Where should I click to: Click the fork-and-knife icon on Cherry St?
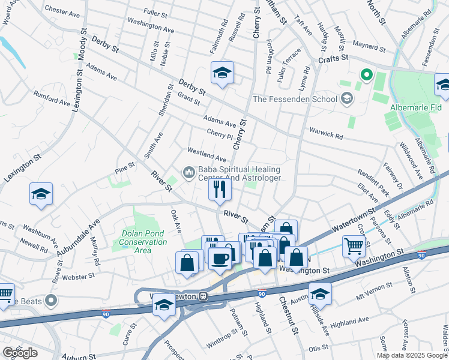(x=220, y=190)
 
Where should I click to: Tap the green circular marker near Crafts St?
(x=366, y=75)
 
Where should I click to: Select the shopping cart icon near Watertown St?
(x=354, y=245)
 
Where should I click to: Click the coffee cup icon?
(x=220, y=259)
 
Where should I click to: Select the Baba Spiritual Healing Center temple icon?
(x=189, y=173)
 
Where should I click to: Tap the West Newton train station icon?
(x=203, y=295)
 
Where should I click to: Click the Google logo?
(x=20, y=352)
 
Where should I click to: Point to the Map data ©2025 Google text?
(x=412, y=355)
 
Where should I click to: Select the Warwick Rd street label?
(x=326, y=133)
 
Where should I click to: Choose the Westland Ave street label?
(x=206, y=155)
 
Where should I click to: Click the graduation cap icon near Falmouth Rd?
(x=222, y=73)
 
